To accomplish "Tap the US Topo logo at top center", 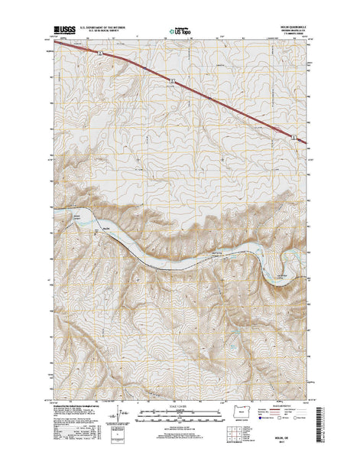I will coord(180,33).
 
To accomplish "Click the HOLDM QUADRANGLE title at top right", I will coord(292,28).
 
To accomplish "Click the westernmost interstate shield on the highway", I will coord(101,53).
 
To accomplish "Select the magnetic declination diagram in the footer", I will coord(115,419).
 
